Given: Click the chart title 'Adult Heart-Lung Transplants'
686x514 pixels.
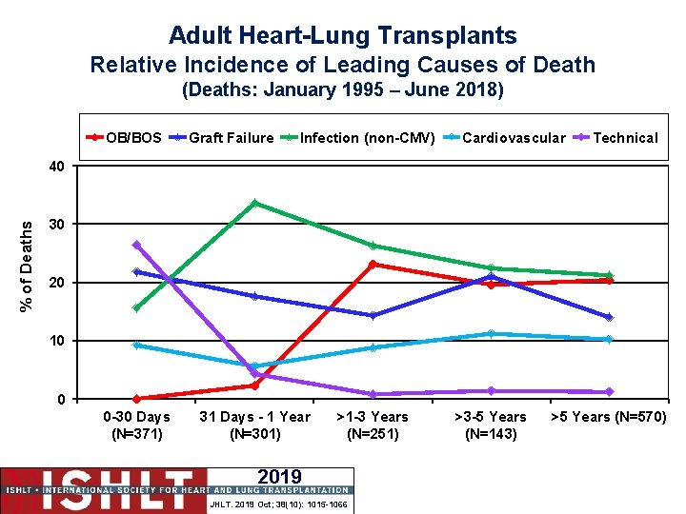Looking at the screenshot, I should coord(343,36).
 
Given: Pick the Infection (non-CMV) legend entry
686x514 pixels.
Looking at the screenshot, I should coord(368,138).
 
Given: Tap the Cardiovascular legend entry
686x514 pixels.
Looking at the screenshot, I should coord(514,138).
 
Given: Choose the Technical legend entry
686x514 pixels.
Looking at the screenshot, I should coord(625,138).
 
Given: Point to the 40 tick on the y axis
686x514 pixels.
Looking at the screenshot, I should coord(59,167).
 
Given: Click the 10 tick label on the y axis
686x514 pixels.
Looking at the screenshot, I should coord(59,341).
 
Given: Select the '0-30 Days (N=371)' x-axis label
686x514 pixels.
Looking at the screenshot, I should coord(137,425).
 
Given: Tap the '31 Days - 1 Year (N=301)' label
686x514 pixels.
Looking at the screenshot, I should coord(254,425).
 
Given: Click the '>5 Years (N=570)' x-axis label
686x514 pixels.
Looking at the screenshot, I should coord(609,417).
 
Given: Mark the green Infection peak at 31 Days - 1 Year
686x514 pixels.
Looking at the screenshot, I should coord(254,203).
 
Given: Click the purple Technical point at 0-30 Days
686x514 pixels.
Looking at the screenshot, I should coord(136,245).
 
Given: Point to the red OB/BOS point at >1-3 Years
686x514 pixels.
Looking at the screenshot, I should coord(373,264).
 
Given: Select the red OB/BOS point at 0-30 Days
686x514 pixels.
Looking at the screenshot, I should coord(136,399).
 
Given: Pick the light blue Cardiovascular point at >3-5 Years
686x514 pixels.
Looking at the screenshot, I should coord(491,333).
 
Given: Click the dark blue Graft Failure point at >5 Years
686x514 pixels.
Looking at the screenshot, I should coord(609,317).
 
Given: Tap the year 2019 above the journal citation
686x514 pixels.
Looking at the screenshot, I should coord(279,477).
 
